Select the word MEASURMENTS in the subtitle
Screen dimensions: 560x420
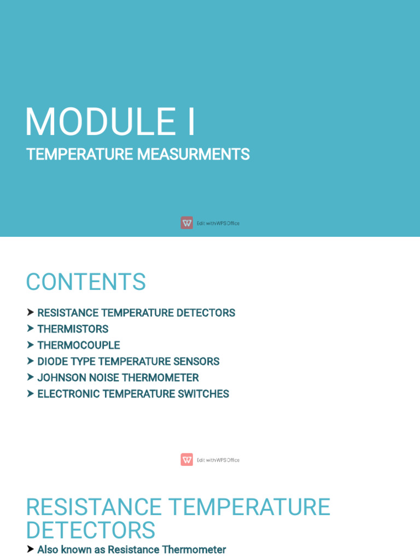[193, 155]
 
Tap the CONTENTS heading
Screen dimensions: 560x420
[86, 282]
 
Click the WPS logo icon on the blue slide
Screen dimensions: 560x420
[187, 223]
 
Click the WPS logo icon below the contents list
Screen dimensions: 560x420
[187, 459]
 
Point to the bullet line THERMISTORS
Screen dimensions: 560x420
[73, 329]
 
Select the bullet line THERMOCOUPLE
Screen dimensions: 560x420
[78, 346]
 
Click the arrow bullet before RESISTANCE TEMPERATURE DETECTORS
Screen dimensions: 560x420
[31, 313]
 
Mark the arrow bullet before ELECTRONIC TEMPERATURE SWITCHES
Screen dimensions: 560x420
[31, 394]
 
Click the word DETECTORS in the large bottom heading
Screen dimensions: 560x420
[90, 531]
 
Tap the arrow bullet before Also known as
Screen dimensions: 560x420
[31, 549]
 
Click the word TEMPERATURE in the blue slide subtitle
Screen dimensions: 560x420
[80, 155]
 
